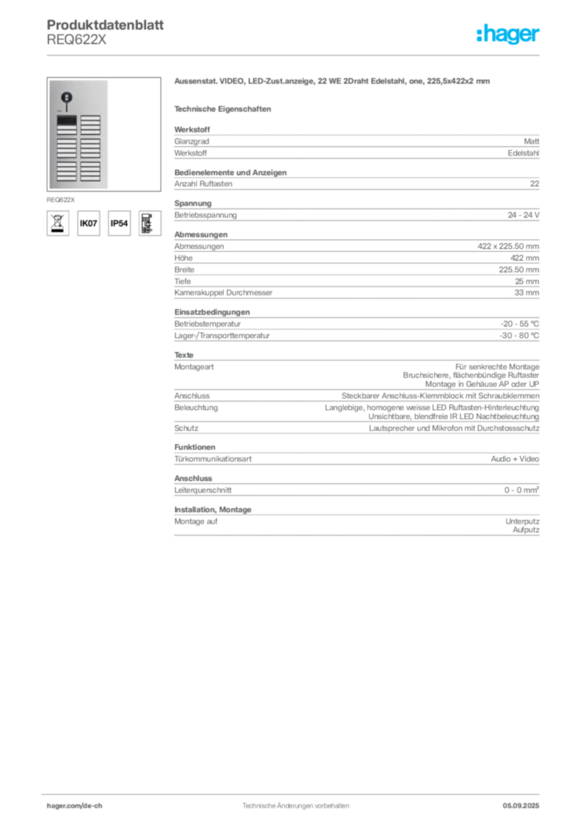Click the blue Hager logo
(509, 35)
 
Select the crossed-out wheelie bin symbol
(57, 223)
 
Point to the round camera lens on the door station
(67, 98)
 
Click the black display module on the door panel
(67, 120)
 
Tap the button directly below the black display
(67, 128)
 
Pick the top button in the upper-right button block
(90, 117)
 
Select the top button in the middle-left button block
(67, 141)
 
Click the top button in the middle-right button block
(90, 141)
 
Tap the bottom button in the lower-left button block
(67, 177)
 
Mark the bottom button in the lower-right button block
(90, 177)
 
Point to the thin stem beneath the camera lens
(67, 108)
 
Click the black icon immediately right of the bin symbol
(89, 224)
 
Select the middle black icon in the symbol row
(118, 224)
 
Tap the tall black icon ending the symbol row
(146, 222)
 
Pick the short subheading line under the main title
(225, 108)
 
